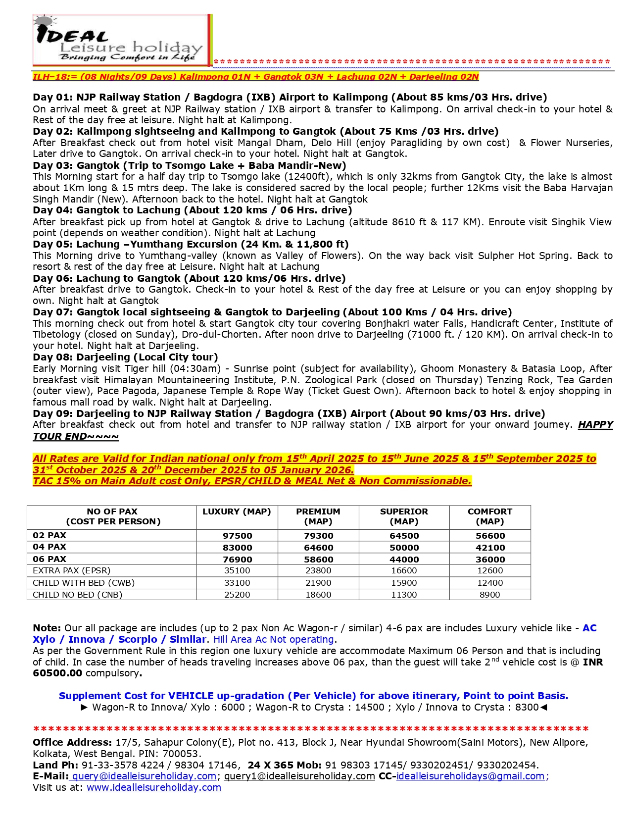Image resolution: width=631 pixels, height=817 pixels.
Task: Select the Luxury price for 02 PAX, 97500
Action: [x=237, y=536]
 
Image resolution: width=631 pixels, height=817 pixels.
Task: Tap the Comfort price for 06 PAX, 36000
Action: [x=490, y=560]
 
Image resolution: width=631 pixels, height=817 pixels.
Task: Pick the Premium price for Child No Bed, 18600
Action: [x=318, y=595]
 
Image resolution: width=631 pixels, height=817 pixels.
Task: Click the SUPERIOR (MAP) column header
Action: [x=404, y=516]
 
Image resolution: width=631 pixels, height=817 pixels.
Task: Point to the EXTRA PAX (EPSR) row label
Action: [x=72, y=570]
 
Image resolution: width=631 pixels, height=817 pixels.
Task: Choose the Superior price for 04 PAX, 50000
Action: [x=404, y=548]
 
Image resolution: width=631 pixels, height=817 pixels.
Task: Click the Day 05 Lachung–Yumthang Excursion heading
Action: [x=191, y=244]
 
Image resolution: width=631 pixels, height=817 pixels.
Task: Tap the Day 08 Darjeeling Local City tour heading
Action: [x=125, y=357]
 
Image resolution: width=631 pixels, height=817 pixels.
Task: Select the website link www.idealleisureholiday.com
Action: [x=154, y=787]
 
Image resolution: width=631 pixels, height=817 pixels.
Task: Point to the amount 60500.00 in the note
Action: [x=57, y=673]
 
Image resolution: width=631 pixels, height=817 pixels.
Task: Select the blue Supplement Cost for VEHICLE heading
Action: [x=313, y=696]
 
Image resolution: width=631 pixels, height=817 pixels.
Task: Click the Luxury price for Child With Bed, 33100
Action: [x=237, y=583]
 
